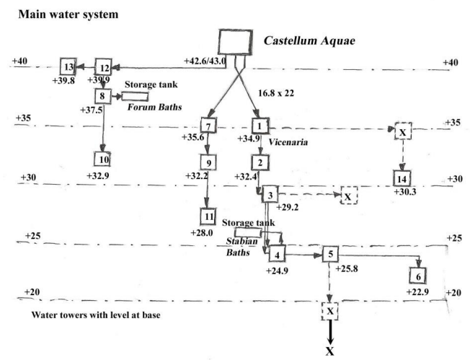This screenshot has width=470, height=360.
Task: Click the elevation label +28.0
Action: point(202,232)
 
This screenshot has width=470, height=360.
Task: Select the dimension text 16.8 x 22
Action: point(276,93)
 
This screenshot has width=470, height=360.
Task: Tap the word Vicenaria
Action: point(288,141)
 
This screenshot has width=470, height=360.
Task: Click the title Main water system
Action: point(68,14)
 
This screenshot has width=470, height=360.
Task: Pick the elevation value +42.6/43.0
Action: point(205,61)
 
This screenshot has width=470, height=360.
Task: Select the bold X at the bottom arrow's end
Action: point(330,351)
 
